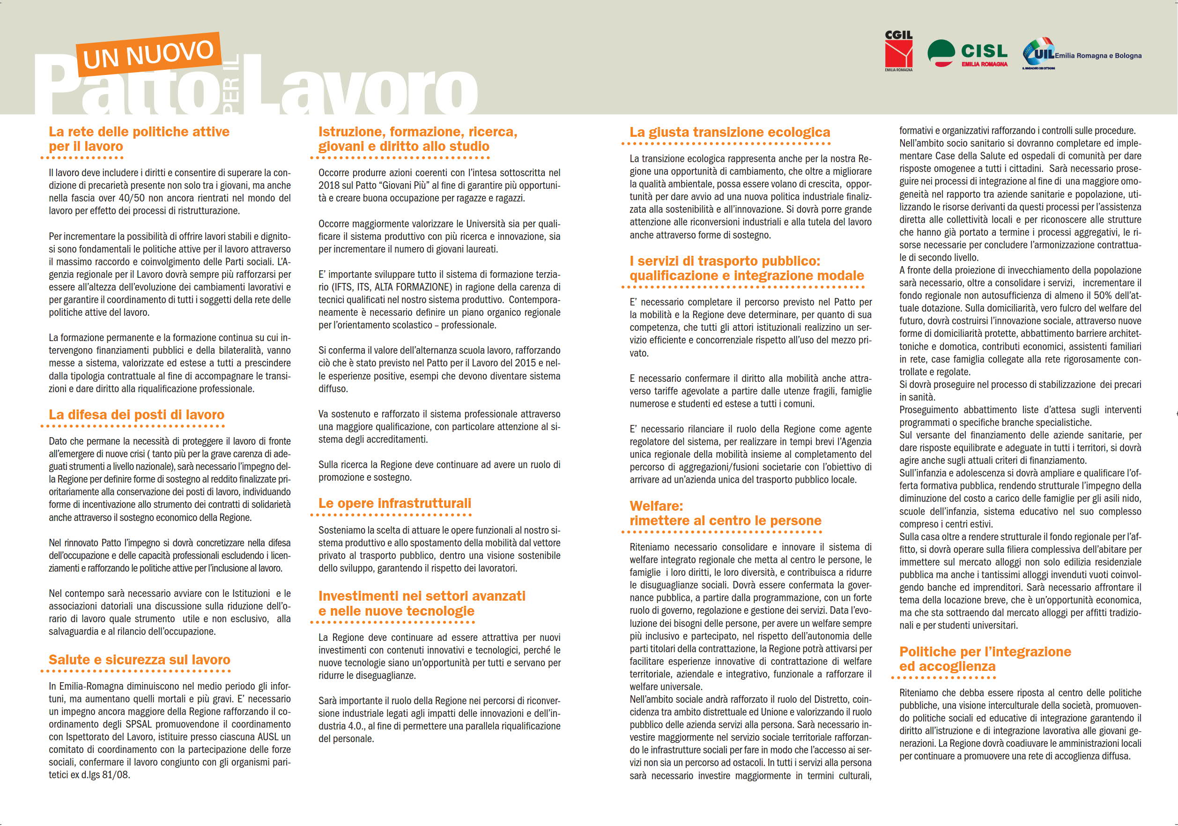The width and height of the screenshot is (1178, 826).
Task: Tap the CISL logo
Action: click(968, 53)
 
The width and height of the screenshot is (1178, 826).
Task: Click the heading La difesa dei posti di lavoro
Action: click(136, 415)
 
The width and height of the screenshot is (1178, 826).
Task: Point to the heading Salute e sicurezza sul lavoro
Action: click(140, 660)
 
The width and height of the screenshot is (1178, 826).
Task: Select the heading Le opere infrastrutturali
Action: click(394, 503)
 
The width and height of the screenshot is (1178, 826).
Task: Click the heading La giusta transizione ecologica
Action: click(730, 132)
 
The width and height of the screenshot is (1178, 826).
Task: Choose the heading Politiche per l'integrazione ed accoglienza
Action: click(985, 659)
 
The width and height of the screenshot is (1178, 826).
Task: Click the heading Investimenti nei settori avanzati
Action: click(422, 596)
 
